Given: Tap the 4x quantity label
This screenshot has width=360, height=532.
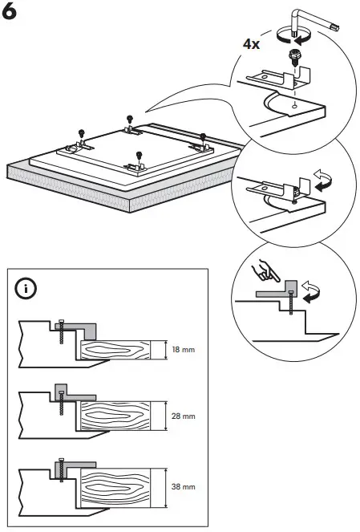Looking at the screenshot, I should pyautogui.click(x=253, y=45).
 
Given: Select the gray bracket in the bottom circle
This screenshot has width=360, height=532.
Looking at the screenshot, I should pyautogui.click(x=277, y=292).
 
